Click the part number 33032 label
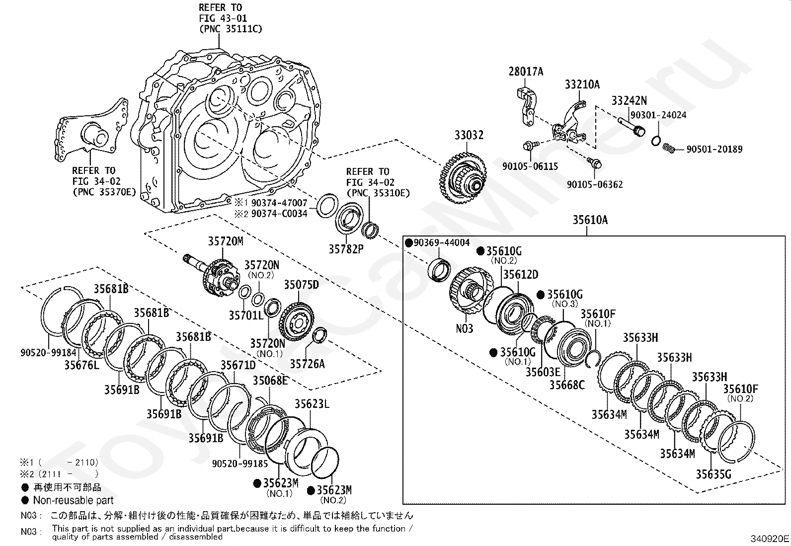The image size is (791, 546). click(469, 135)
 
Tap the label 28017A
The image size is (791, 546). click(526, 72)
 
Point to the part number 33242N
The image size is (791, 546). click(629, 101)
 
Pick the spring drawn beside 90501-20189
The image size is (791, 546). click(669, 148)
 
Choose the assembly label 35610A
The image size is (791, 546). click(590, 220)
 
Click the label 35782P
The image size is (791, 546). click(346, 248)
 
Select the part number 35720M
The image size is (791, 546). click(226, 241)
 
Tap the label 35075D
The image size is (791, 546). click(301, 285)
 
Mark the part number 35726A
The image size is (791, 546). click(307, 364)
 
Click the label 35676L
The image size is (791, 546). click(82, 365)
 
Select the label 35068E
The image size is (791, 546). click(270, 381)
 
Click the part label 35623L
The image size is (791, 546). click(312, 404)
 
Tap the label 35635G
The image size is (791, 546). click(713, 474)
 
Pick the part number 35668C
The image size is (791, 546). click(567, 385)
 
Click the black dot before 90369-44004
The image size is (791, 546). click(409, 243)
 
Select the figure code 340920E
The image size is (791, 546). click(770, 538)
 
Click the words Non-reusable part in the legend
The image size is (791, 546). click(73, 500)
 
